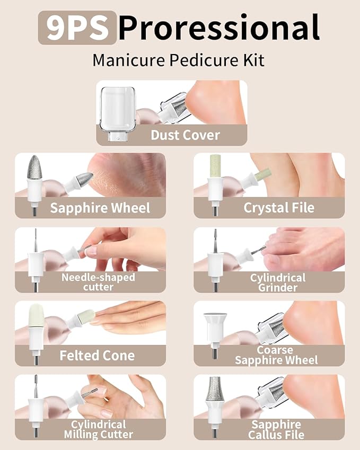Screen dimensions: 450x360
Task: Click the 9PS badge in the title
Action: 77,28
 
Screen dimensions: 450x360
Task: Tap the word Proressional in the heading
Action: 218,28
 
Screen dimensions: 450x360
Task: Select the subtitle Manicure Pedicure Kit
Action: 178,60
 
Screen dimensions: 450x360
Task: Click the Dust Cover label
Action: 185,135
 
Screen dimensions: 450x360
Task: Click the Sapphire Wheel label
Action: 100,208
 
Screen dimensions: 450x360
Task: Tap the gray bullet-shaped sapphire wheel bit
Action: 34,169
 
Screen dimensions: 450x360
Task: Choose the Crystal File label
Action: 278,208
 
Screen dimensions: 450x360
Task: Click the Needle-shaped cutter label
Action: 98,282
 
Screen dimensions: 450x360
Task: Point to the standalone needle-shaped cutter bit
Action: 35,249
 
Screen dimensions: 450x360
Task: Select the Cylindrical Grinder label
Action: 278,283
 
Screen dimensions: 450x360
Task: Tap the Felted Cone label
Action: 96,356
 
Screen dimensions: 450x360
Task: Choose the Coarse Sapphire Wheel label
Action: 276,356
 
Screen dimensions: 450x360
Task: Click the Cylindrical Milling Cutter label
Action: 98,429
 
